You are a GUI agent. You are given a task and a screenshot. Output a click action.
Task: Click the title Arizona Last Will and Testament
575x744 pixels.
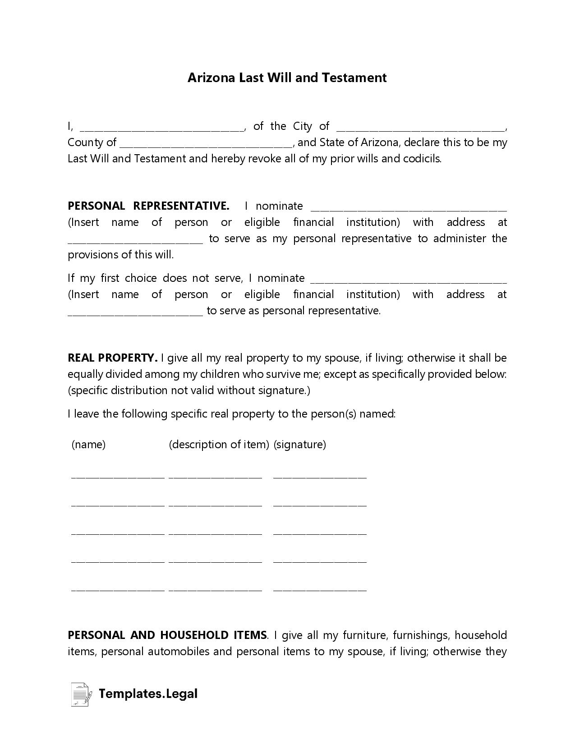tap(287, 78)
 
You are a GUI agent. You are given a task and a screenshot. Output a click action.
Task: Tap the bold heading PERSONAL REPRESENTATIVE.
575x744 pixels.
tap(148, 206)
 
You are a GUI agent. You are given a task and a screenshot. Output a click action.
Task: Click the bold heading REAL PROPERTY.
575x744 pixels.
tap(112, 358)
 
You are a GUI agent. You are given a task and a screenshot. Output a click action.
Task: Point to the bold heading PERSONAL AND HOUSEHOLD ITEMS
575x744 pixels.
tap(167, 635)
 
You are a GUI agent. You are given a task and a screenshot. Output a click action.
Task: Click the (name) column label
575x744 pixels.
tap(88, 445)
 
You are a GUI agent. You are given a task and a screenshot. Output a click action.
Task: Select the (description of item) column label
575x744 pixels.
tap(219, 445)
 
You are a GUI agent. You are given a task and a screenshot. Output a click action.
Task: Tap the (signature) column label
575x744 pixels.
tap(299, 445)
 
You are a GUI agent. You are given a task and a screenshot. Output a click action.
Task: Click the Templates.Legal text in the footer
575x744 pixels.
tap(148, 693)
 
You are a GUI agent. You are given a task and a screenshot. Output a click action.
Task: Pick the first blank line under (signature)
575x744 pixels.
tap(320, 475)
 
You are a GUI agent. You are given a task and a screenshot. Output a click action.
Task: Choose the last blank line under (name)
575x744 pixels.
tap(118, 588)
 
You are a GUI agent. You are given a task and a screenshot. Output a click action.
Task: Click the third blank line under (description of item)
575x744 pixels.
tap(215, 532)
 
